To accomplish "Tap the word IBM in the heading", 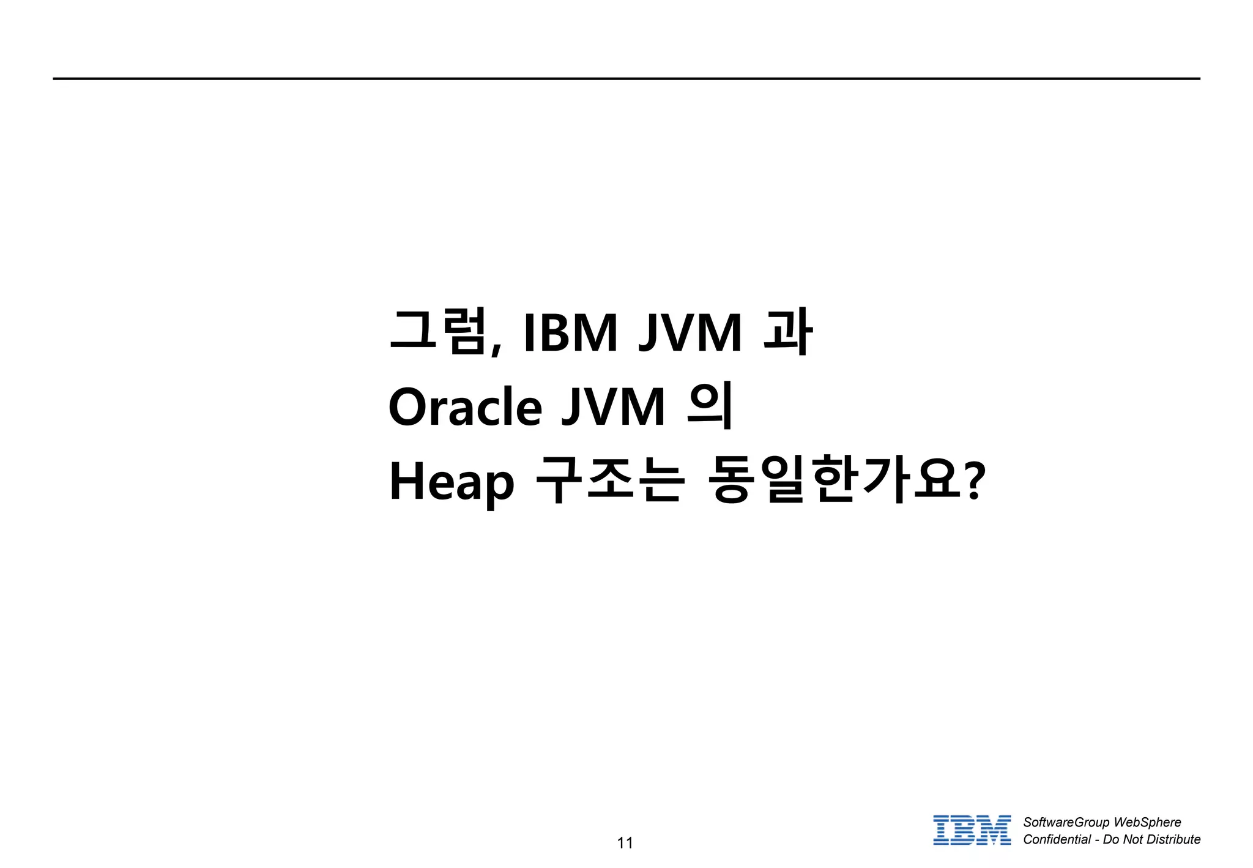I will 570,333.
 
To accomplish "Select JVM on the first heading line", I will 690,333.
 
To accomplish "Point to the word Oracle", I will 465,408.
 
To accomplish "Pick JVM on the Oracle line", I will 613,408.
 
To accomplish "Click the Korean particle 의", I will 710,406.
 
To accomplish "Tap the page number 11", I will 625,843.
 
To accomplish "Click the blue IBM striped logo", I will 972,830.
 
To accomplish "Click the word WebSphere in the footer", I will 1147,822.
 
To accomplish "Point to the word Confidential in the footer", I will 1057,839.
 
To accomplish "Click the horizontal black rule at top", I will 626,79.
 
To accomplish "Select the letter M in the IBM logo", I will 994,830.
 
